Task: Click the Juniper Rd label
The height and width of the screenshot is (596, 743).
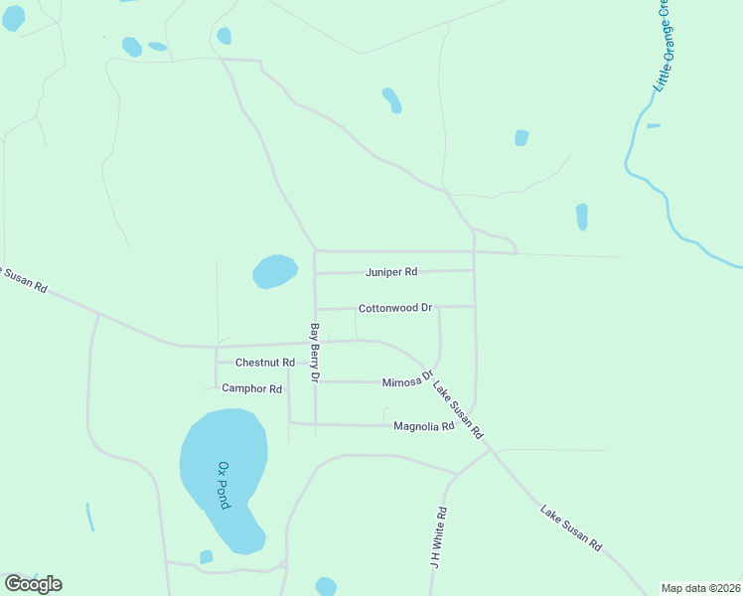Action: pyautogui.click(x=390, y=271)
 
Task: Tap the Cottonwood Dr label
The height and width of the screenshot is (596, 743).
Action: pyautogui.click(x=395, y=308)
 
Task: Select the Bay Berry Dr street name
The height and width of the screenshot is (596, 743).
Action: pyautogui.click(x=314, y=353)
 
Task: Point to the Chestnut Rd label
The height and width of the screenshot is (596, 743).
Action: pyautogui.click(x=265, y=363)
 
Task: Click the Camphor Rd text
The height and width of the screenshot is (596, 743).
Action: pyautogui.click(x=252, y=388)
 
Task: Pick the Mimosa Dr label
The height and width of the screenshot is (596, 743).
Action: pyautogui.click(x=409, y=380)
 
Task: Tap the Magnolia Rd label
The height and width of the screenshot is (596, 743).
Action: pyautogui.click(x=423, y=426)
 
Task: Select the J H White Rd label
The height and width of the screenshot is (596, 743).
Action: pyautogui.click(x=438, y=536)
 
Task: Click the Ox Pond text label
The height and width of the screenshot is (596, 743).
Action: pyautogui.click(x=223, y=485)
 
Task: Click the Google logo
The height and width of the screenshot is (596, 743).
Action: pyautogui.click(x=33, y=584)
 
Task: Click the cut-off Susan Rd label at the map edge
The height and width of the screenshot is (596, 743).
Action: pyautogui.click(x=24, y=279)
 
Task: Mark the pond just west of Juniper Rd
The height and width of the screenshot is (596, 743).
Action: pyautogui.click(x=275, y=271)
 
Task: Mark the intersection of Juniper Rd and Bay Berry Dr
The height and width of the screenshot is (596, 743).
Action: pyautogui.click(x=315, y=273)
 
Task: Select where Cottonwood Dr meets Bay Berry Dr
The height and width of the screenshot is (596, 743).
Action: pyautogui.click(x=315, y=309)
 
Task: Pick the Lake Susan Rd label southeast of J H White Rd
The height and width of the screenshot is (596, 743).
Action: pyautogui.click(x=571, y=528)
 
